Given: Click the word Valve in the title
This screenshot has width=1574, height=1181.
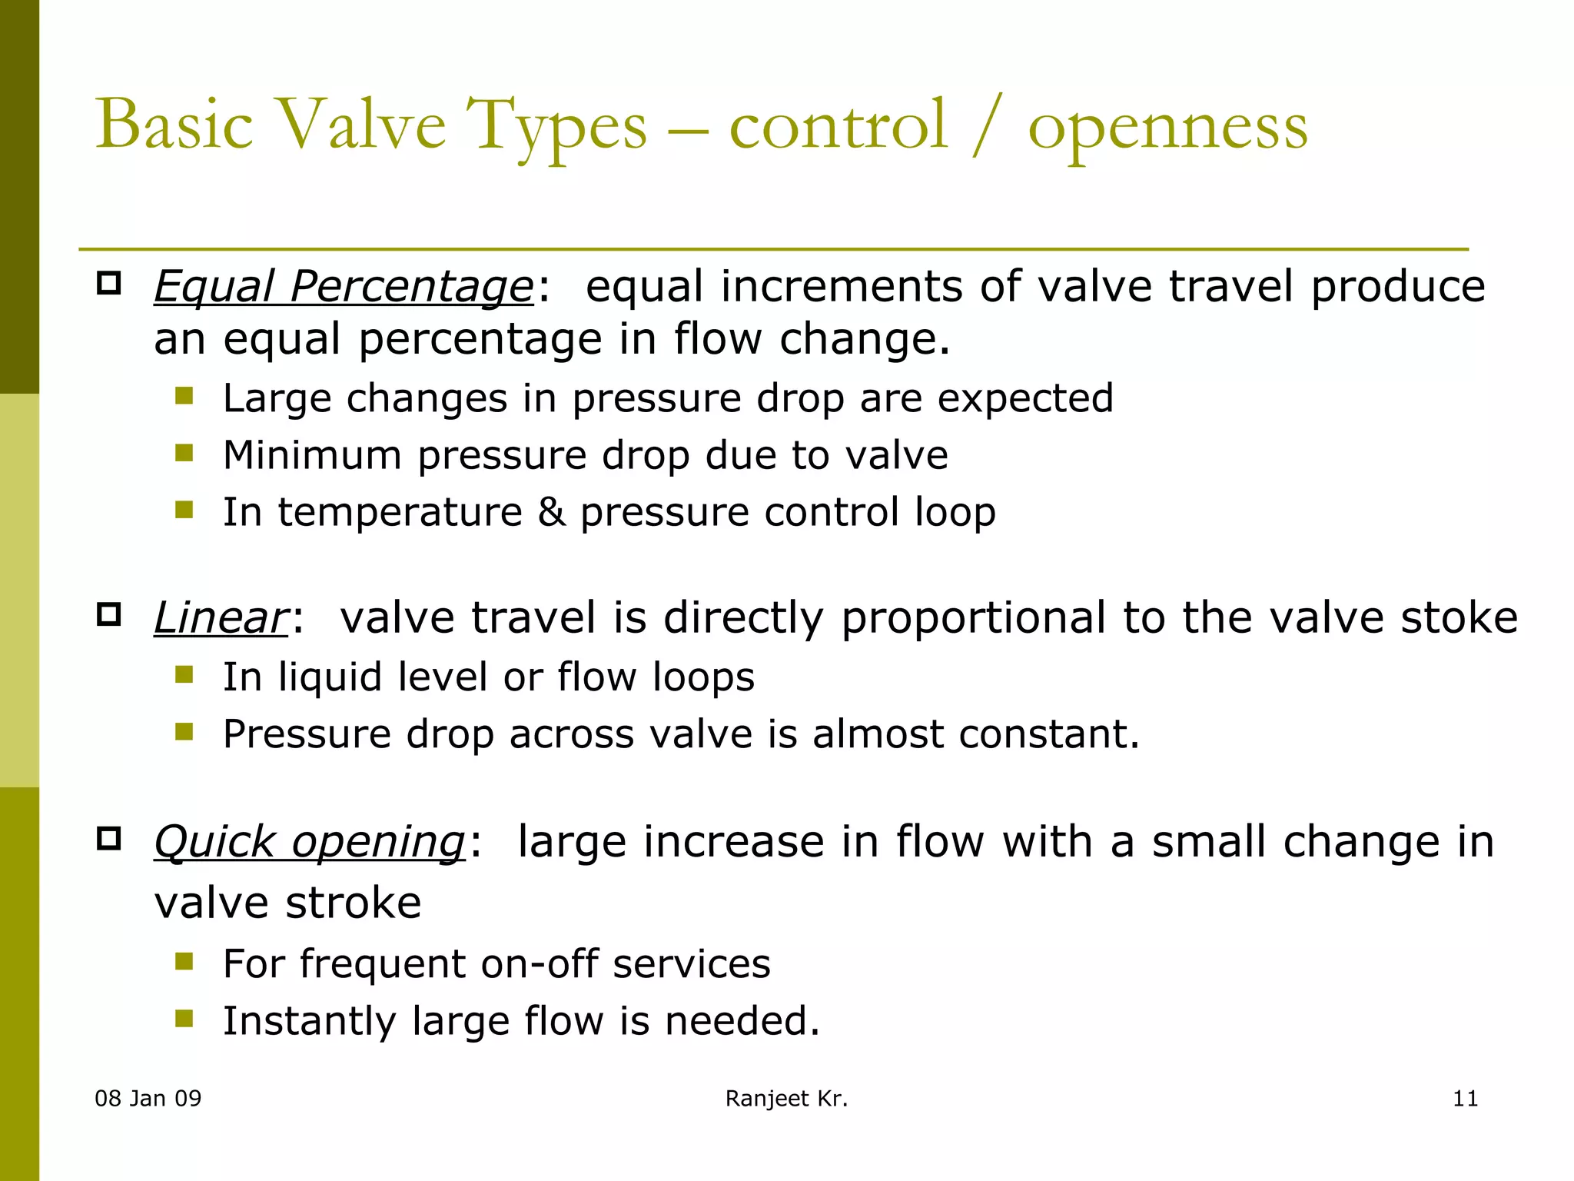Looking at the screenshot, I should click(x=360, y=125).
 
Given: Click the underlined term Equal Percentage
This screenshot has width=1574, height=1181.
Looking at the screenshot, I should click(x=343, y=287).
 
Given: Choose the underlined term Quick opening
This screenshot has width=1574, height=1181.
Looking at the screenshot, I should click(x=309, y=841).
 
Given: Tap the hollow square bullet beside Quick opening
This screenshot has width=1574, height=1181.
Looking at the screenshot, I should click(x=109, y=838).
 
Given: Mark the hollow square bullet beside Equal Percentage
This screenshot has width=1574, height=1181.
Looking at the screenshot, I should click(x=109, y=284).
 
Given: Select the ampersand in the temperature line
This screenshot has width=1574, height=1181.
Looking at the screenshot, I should click(x=551, y=512).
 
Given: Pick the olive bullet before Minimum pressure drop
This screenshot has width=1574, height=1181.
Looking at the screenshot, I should click(x=184, y=452).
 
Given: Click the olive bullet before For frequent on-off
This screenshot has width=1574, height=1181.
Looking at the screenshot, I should click(x=184, y=961).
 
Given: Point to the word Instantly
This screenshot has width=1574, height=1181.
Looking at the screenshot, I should click(x=309, y=1021).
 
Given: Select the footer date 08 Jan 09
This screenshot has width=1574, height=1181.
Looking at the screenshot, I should click(x=148, y=1099).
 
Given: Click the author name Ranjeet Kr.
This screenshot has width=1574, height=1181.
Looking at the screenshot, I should click(x=786, y=1099).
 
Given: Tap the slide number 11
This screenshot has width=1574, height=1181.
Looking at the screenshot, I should click(x=1465, y=1099).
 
